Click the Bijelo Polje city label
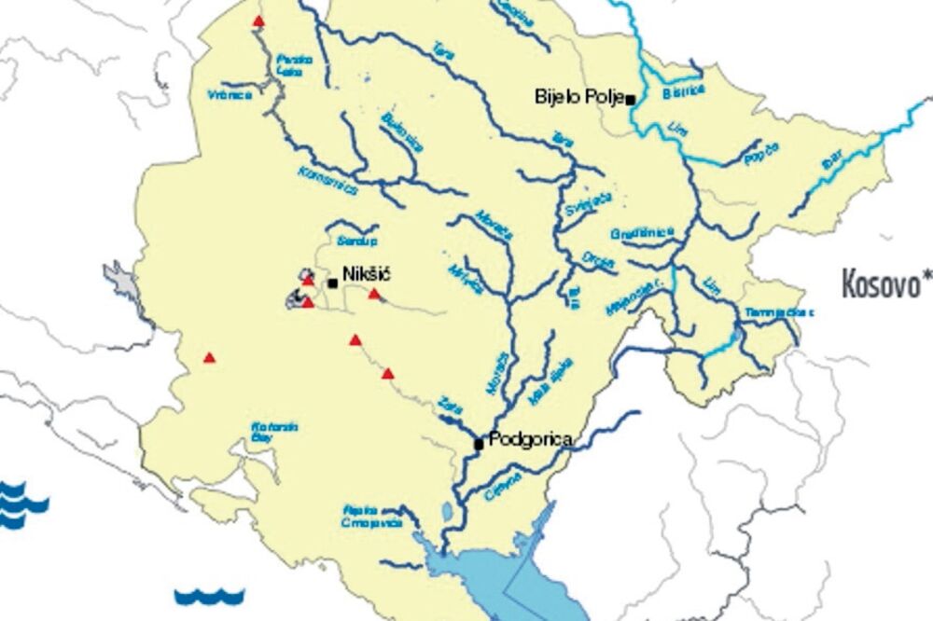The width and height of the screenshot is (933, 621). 578,95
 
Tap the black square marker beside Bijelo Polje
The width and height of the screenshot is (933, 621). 631,99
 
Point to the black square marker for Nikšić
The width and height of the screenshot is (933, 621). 332,282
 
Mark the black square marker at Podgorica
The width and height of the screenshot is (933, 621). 479,444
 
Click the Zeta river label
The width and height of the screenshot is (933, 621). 449,407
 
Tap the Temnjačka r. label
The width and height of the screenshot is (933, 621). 773,312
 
